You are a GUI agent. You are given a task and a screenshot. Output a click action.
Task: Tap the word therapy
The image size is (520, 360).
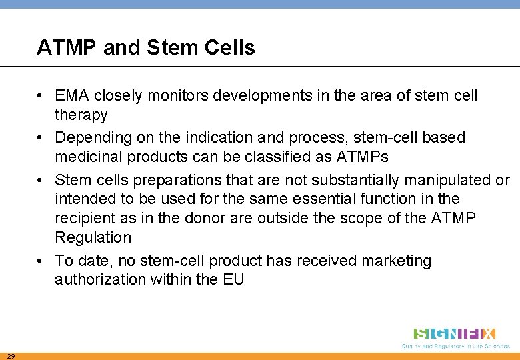click(81, 115)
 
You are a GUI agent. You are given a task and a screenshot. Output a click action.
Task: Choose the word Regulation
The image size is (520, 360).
click(93, 237)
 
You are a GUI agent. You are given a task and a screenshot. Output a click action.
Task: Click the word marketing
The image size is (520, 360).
click(396, 261)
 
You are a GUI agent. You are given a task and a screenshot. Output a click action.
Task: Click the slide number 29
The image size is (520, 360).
click(11, 355)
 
